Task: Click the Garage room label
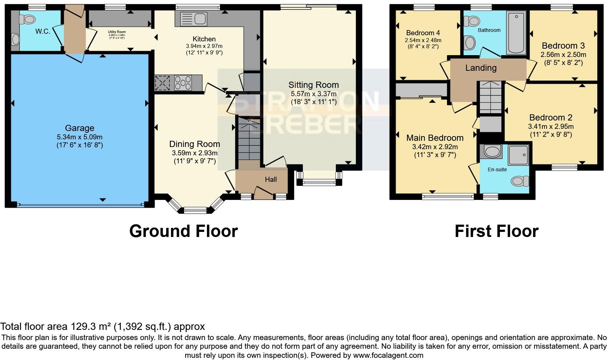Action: pyautogui.click(x=80, y=128)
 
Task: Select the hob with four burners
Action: pyautogui.click(x=183, y=83)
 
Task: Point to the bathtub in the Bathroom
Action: pyautogui.click(x=516, y=33)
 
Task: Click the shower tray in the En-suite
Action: pyautogui.click(x=518, y=155)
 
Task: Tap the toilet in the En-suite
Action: pyautogui.click(x=521, y=181)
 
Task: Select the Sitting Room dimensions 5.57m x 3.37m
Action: pyautogui.click(x=313, y=94)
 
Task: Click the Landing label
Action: pyautogui.click(x=481, y=68)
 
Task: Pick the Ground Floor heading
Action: pyautogui.click(x=183, y=231)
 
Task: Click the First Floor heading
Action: pyautogui.click(x=496, y=231)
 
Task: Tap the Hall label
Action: pyautogui.click(x=271, y=179)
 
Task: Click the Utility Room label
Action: pyautogui.click(x=117, y=32)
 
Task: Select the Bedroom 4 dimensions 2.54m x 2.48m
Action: pyautogui.click(x=423, y=40)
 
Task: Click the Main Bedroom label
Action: pyautogui.click(x=435, y=138)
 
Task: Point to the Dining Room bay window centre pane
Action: pyautogui.click(x=195, y=210)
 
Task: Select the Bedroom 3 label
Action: pyautogui.click(x=563, y=46)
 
